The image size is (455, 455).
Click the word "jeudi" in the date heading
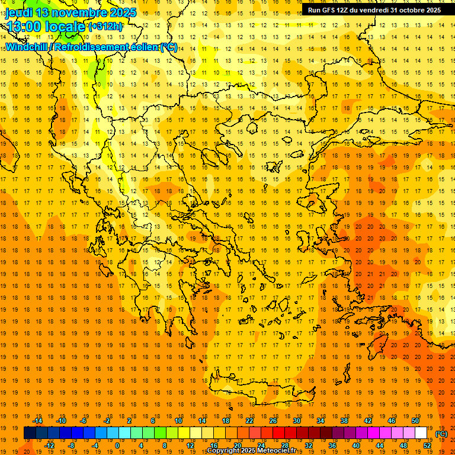tap(19, 12)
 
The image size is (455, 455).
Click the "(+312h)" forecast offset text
tap(105, 27)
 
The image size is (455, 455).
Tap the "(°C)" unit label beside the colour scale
tap(441, 434)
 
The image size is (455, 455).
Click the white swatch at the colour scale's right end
tap(421, 433)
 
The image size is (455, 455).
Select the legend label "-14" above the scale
tap(39, 421)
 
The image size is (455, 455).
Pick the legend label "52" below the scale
tap(427, 446)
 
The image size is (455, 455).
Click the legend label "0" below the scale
tap(117, 446)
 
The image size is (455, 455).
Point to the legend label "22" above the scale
tap(249, 421)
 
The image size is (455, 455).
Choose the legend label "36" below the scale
tap(332, 446)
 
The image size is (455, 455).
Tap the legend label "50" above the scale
tap(415, 421)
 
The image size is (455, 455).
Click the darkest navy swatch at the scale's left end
tap(30, 433)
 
